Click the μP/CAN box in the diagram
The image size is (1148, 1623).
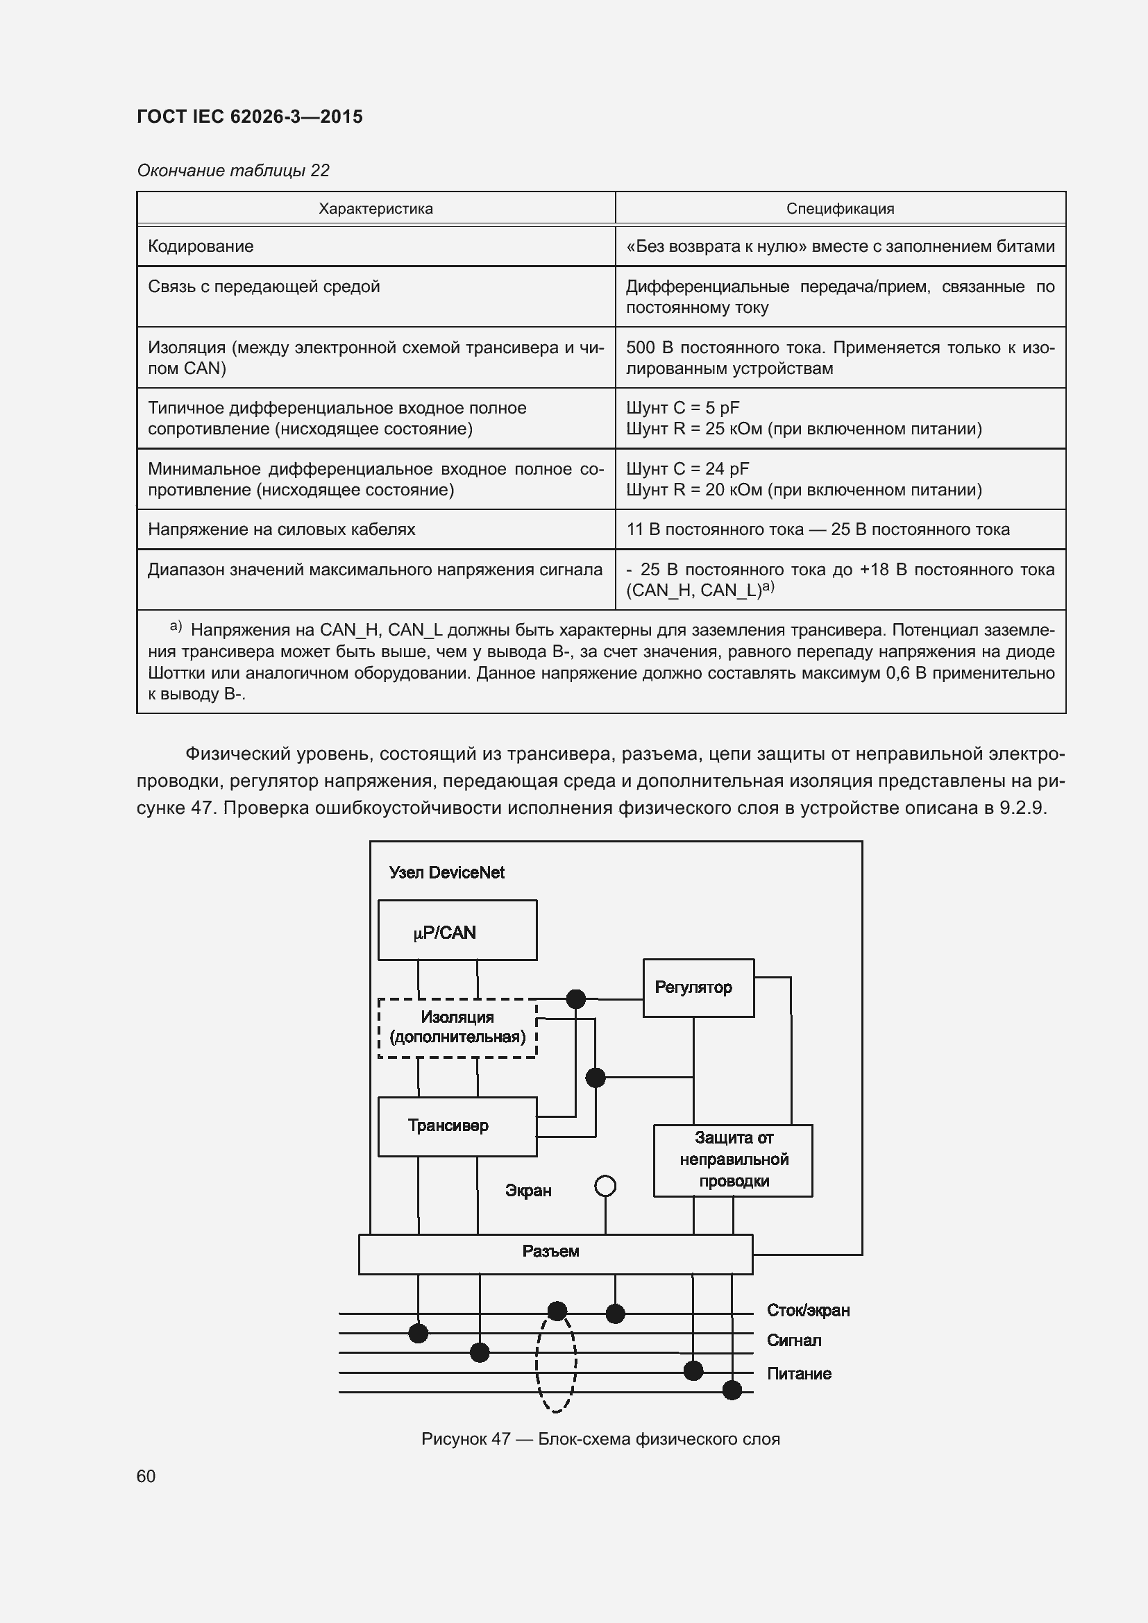click(x=457, y=931)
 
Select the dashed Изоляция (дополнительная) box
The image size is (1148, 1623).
click(x=457, y=1028)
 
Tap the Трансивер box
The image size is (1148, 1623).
click(x=457, y=1126)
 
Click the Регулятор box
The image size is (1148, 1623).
click(x=698, y=987)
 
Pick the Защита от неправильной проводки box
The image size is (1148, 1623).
click(x=732, y=1160)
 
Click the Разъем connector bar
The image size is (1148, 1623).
click(x=555, y=1254)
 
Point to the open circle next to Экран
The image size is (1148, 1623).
click(x=605, y=1186)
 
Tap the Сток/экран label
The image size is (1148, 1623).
click(x=808, y=1311)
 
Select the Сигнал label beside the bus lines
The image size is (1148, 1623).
click(x=794, y=1341)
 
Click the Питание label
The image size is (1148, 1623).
click(x=799, y=1373)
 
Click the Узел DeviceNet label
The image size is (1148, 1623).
click(x=447, y=872)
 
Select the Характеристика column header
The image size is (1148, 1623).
click(x=375, y=209)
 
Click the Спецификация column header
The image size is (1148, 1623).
click(x=840, y=209)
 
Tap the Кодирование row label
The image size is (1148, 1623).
click(x=201, y=246)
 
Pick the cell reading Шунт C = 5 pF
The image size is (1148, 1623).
click(x=683, y=408)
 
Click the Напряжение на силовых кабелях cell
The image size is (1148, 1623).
click(x=281, y=529)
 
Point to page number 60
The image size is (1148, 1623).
click(x=146, y=1476)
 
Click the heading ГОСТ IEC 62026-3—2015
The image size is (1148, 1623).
click(x=250, y=117)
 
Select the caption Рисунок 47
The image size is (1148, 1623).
click(x=600, y=1438)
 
